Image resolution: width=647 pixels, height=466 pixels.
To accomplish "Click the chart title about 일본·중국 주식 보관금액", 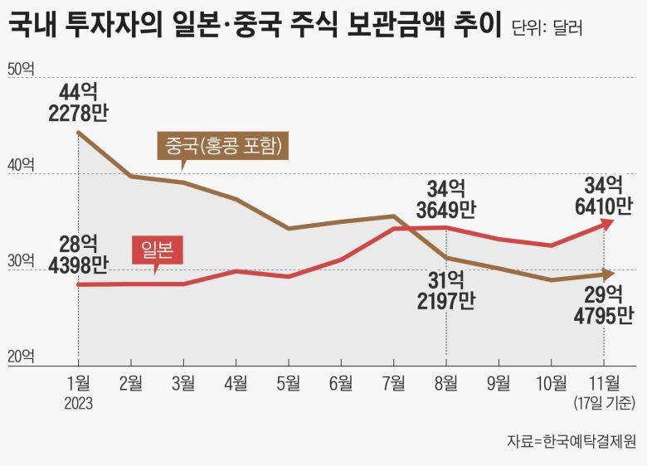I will click(x=254, y=26).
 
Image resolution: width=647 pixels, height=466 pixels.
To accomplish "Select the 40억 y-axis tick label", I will click(x=21, y=167).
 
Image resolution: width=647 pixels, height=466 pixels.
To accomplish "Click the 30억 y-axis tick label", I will click(x=21, y=262).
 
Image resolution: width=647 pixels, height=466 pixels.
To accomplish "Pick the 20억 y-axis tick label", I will click(x=21, y=357).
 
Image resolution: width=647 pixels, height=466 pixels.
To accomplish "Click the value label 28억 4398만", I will click(x=78, y=255).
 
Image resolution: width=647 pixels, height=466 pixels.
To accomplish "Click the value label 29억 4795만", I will click(x=603, y=303).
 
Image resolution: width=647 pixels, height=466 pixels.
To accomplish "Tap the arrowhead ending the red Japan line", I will click(x=608, y=222).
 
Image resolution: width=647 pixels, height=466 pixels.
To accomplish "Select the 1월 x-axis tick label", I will click(x=78, y=383).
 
